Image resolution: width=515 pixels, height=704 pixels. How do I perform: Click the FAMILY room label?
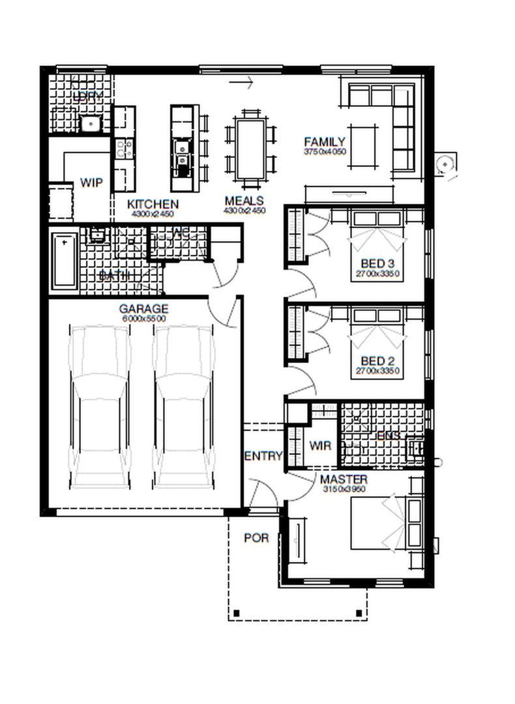pyautogui.click(x=324, y=142)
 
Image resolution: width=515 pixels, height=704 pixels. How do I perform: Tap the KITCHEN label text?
pyautogui.click(x=153, y=204)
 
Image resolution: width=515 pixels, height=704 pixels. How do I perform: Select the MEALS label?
pyautogui.click(x=244, y=201)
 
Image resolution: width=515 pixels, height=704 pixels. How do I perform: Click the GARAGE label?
pyautogui.click(x=143, y=309)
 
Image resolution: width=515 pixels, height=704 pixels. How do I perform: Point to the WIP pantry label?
pyautogui.click(x=91, y=183)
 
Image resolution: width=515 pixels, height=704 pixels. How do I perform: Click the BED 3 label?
pyautogui.click(x=377, y=264)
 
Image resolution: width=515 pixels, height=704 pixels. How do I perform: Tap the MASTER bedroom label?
pyautogui.click(x=344, y=480)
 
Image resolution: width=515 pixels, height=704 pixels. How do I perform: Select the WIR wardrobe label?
pyautogui.click(x=320, y=447)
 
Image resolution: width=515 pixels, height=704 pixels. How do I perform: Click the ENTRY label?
pyautogui.click(x=263, y=456)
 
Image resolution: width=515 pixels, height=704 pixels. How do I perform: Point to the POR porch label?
pyautogui.click(x=256, y=538)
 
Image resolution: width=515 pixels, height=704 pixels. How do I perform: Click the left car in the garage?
pyautogui.click(x=100, y=407)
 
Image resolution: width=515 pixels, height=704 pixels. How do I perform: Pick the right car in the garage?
pyautogui.click(x=184, y=407)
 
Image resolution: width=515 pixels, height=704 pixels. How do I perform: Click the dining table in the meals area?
pyautogui.click(x=250, y=149)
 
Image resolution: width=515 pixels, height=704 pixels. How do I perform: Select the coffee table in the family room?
pyautogui.click(x=362, y=148)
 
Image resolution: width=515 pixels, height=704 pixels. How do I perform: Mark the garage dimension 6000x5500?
pyautogui.click(x=143, y=319)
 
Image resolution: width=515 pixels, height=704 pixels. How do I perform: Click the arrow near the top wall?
pyautogui.click(x=241, y=82)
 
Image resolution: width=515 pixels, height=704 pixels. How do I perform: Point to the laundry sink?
pyautogui.click(x=89, y=123)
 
